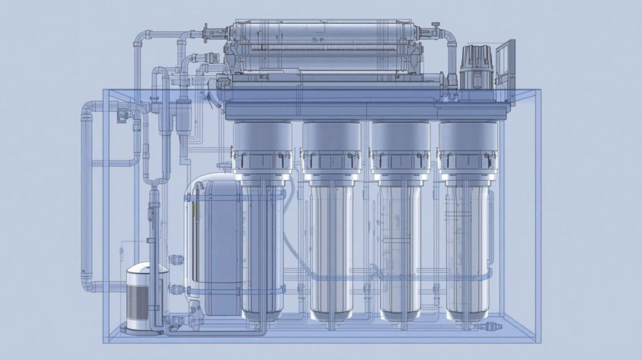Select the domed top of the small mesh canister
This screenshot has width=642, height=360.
click(x=147, y=268)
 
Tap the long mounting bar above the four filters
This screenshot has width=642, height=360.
click(x=367, y=112)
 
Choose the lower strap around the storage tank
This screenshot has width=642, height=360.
click(x=213, y=290)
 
